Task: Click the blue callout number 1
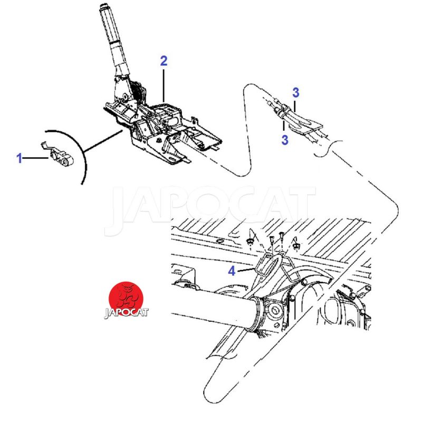point(20,158)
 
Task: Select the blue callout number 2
point(164,61)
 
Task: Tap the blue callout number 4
point(232,271)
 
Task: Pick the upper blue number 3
point(296,93)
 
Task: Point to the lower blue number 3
point(285,140)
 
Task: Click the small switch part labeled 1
point(60,156)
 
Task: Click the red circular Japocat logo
point(126,298)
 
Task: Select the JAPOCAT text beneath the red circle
point(126,313)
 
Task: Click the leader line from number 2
point(164,85)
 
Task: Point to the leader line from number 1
point(35,158)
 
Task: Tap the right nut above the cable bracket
point(297,245)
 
